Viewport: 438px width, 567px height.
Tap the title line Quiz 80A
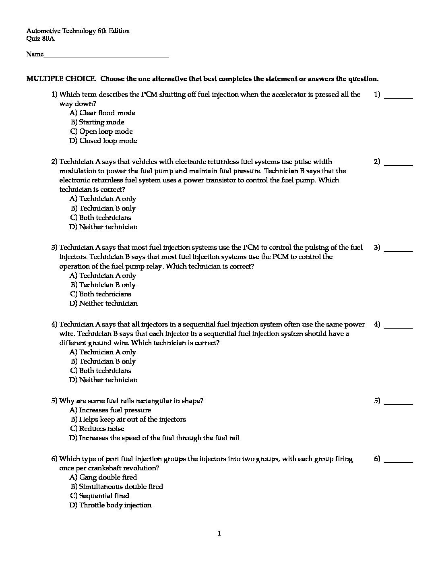(x=40, y=39)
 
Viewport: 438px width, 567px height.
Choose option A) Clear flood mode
(x=102, y=113)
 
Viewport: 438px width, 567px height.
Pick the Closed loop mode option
(x=103, y=141)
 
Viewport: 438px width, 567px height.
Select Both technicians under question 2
(x=100, y=218)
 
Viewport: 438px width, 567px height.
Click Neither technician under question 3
(x=103, y=304)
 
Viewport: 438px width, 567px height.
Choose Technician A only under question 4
(x=103, y=352)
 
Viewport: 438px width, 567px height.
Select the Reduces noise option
(x=97, y=429)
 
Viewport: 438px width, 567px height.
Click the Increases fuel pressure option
(x=110, y=410)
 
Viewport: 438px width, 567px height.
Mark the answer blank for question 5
(x=398, y=402)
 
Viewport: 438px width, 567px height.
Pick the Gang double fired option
(x=103, y=478)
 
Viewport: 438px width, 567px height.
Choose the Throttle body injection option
(x=110, y=505)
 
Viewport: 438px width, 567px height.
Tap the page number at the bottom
(x=219, y=534)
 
